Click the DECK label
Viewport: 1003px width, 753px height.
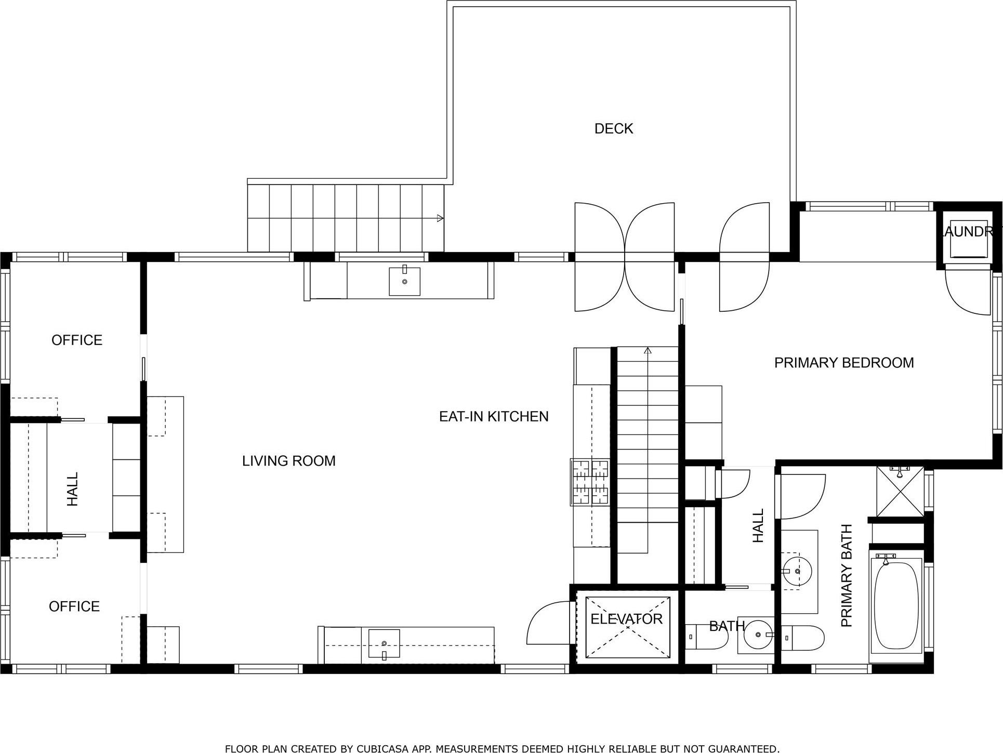pyautogui.click(x=614, y=129)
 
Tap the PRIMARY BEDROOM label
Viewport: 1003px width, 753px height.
pyautogui.click(x=843, y=363)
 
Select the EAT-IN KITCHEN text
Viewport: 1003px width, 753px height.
pyautogui.click(x=494, y=416)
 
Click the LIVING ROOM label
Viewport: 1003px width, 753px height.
pyautogui.click(x=288, y=461)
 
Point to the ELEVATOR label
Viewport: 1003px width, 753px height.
pyautogui.click(x=626, y=619)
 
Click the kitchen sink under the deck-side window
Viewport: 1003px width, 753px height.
pyautogui.click(x=404, y=281)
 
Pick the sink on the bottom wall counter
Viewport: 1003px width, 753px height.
pyautogui.click(x=384, y=643)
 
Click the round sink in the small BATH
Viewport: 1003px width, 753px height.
pyautogui.click(x=759, y=635)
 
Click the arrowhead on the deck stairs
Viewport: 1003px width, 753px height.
pyautogui.click(x=440, y=218)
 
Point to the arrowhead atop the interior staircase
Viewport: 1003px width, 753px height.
pyautogui.click(x=648, y=351)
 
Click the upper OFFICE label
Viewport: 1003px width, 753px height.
pyautogui.click(x=77, y=340)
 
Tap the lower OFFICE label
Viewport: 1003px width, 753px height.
pyautogui.click(x=74, y=606)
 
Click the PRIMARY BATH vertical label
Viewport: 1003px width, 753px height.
pyautogui.click(x=847, y=576)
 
